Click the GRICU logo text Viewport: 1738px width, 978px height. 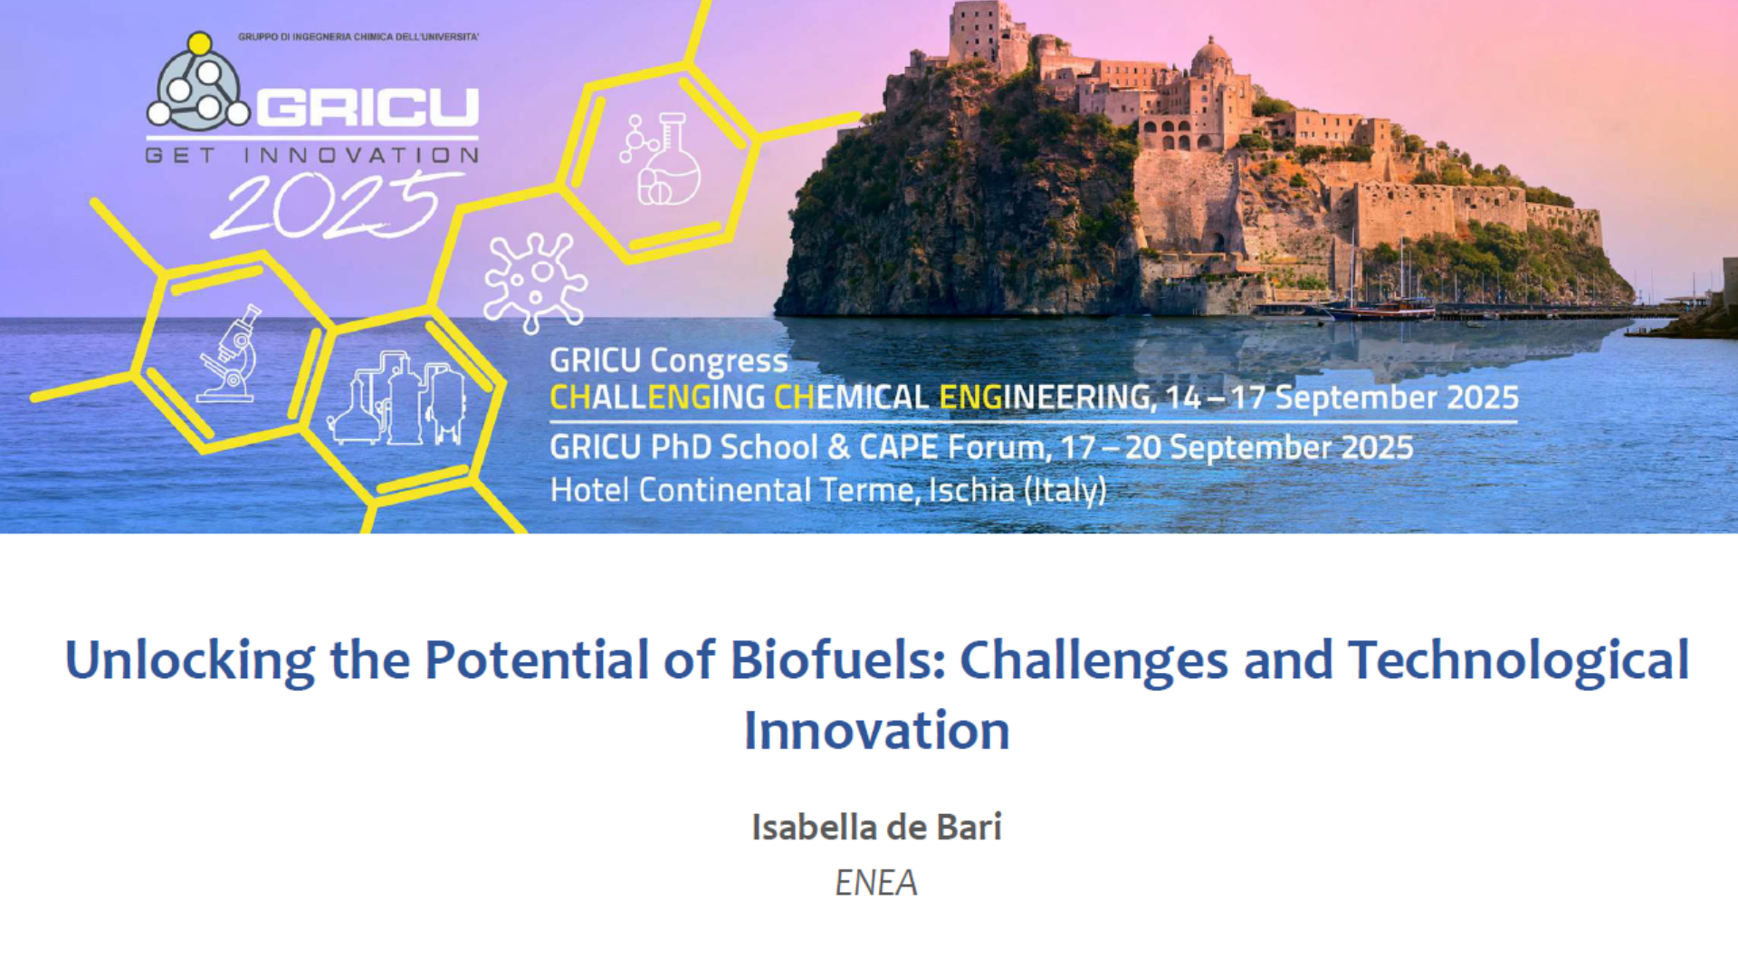click(368, 108)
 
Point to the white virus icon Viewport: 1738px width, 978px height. click(535, 282)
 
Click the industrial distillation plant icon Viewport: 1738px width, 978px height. click(396, 398)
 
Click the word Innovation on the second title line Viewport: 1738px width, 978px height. click(876, 730)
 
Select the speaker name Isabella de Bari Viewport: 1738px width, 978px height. click(876, 827)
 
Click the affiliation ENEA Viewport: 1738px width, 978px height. click(876, 883)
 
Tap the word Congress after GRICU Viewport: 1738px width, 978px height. click(719, 361)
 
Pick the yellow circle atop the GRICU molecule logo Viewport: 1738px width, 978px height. click(199, 43)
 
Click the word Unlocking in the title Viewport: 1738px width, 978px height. click(189, 661)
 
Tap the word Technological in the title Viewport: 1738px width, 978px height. click(1518, 661)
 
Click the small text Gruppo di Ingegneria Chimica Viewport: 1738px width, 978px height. click(358, 37)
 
